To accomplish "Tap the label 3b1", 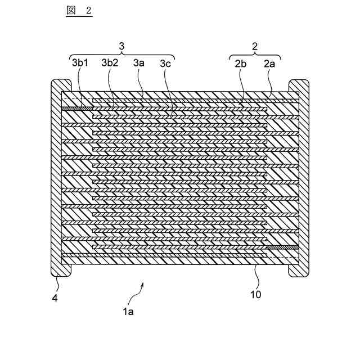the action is pos(79,64).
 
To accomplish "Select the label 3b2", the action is pos(110,64).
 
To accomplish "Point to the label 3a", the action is pos(139,64).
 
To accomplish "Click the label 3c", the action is pos(165,64).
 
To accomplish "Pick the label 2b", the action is pos(241,64).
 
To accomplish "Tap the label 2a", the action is pos(270,64).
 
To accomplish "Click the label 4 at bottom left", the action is pos(55,298).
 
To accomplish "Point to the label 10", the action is pos(255,293).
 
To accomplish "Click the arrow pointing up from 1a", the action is pos(139,289).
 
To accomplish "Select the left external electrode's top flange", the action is pos(59,85).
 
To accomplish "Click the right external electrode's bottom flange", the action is pos(299,269).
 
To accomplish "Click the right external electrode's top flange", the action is pos(299,86).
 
